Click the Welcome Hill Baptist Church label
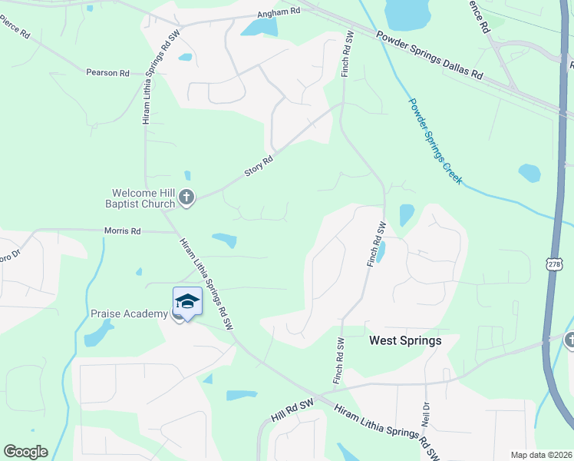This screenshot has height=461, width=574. pyautogui.click(x=144, y=199)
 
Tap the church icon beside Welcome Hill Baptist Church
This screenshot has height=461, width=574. pyautogui.click(x=186, y=199)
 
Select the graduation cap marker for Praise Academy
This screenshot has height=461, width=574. pyautogui.click(x=187, y=300)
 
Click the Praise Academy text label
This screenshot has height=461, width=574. pyautogui.click(x=129, y=313)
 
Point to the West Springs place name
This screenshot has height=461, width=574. pyautogui.click(x=405, y=340)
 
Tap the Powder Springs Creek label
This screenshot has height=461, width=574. pyautogui.click(x=434, y=141)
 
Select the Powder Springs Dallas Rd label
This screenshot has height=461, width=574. pyautogui.click(x=430, y=55)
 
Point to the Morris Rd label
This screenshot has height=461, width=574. pyautogui.click(x=123, y=230)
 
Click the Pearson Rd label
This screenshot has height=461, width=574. pyautogui.click(x=107, y=73)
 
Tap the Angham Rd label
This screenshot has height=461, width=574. pyautogui.click(x=279, y=13)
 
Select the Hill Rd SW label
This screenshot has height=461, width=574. pyautogui.click(x=293, y=410)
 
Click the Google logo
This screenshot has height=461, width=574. pyautogui.click(x=25, y=452)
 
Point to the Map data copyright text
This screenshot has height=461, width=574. pyautogui.click(x=541, y=455)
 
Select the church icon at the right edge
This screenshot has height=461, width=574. pyautogui.click(x=569, y=340)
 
